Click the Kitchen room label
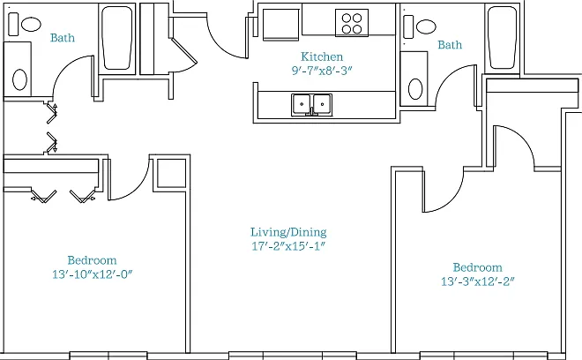322,56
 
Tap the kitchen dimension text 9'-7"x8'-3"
322,71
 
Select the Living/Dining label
288,232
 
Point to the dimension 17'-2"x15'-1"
288,246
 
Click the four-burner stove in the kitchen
352,23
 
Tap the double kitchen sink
312,105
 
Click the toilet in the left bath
25,24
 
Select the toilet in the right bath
420,26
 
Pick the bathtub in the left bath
117,38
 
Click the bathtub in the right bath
503,38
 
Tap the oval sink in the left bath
19,79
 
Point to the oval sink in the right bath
415,89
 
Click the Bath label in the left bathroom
63,38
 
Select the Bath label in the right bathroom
450,45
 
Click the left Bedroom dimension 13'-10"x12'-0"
93,274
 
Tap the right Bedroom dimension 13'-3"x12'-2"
478,281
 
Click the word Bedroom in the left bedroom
92,260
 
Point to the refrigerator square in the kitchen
281,24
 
